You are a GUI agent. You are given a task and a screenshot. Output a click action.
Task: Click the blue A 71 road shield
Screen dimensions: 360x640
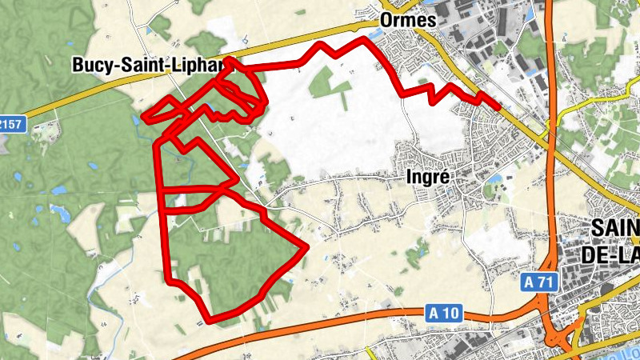[541, 282]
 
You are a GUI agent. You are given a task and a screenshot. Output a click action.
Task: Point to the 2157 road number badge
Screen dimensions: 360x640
[11, 125]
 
